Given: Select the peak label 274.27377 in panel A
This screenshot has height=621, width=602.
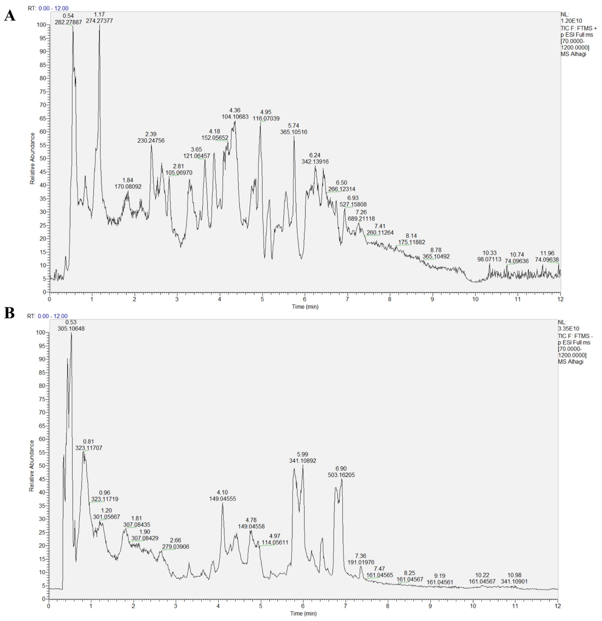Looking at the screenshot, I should pyautogui.click(x=99, y=21).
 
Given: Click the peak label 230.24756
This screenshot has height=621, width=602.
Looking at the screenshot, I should pyautogui.click(x=151, y=140).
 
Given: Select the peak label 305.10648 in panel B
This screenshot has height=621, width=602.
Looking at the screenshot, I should pyautogui.click(x=71, y=329).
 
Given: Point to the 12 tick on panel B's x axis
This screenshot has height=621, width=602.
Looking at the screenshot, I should pyautogui.click(x=558, y=606).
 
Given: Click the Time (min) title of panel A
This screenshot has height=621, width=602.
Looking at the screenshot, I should pyautogui.click(x=305, y=307).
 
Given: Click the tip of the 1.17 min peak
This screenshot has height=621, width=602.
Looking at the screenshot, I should pyautogui.click(x=99, y=25).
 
